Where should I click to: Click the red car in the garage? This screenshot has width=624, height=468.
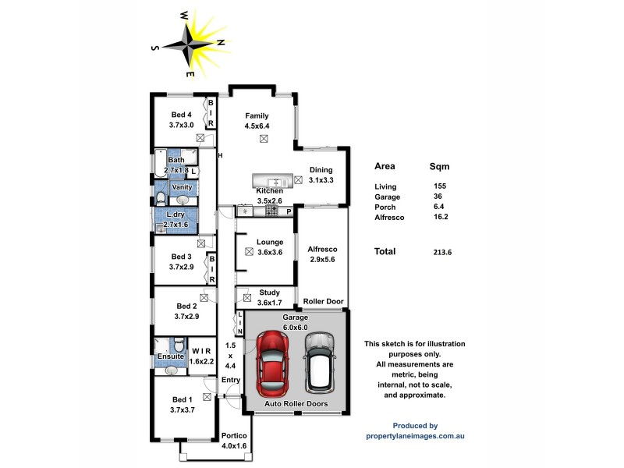pyautogui.click(x=272, y=362)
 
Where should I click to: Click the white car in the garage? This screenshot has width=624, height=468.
pyautogui.click(x=319, y=362)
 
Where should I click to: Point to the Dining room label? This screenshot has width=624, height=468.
pyautogui.click(x=321, y=175)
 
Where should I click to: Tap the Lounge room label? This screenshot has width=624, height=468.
pyautogui.click(x=270, y=246)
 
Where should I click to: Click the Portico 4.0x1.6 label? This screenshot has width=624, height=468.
pyautogui.click(x=234, y=441)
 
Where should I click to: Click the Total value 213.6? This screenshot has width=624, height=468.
pyautogui.click(x=442, y=252)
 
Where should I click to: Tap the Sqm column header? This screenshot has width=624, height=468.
pyautogui.click(x=439, y=166)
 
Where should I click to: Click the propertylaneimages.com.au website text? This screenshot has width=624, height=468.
pyautogui.click(x=415, y=436)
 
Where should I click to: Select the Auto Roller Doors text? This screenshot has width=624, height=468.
pyautogui.click(x=296, y=404)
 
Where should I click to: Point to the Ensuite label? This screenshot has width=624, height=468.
pyautogui.click(x=170, y=356)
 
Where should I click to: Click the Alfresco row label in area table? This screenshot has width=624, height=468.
pyautogui.click(x=390, y=218)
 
